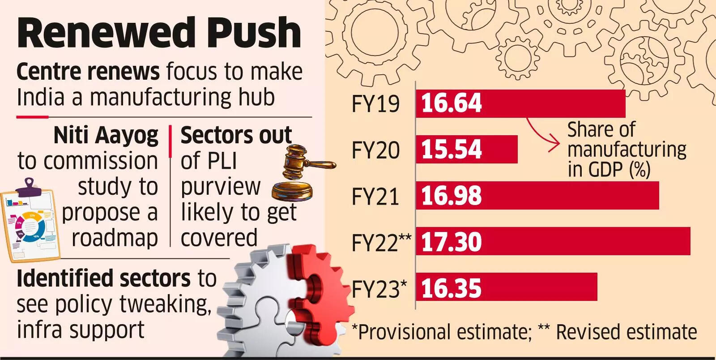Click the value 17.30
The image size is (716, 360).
coord(452,242)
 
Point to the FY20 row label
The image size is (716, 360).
coord(375,150)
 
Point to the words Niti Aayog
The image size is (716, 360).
coord(106,135)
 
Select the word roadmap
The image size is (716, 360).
coord(115,238)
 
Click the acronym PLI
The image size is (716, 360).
coord(209,161)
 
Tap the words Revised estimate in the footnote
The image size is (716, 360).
coord(626,332)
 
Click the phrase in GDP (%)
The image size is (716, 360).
coord(609,170)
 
